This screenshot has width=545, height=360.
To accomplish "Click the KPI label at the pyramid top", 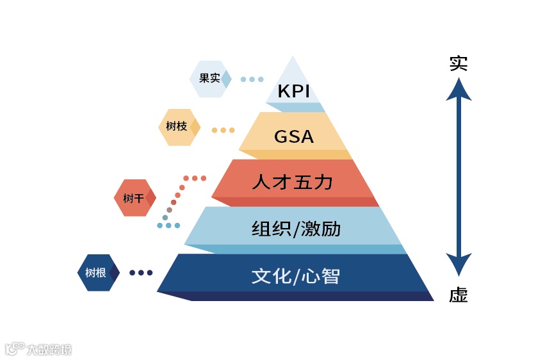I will point(293,91).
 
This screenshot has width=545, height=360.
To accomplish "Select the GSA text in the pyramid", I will point(293,136).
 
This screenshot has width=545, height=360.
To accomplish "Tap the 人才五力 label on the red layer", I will point(292,182).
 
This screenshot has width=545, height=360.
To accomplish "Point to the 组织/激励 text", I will point(295,229).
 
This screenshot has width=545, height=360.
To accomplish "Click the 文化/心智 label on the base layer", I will point(295,276).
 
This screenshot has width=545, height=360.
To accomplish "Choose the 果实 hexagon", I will point(209,79).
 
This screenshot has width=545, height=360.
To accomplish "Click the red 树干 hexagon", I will point(134,198).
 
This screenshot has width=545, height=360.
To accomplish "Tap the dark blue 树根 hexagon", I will point(97,273).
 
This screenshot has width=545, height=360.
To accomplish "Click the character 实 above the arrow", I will point(458,63).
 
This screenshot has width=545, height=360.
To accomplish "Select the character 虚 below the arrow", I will point(458,295).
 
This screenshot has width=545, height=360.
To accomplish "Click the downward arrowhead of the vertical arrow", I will point(459,264).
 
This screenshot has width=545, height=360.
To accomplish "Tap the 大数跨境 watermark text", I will point(49,350).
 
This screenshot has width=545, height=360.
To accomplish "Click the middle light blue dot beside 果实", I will point(252,79).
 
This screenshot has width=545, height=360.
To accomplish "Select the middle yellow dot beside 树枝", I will point(223,130).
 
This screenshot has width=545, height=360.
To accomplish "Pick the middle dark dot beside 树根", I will point(141,273).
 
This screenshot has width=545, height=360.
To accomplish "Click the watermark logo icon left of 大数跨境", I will point(15,348).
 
